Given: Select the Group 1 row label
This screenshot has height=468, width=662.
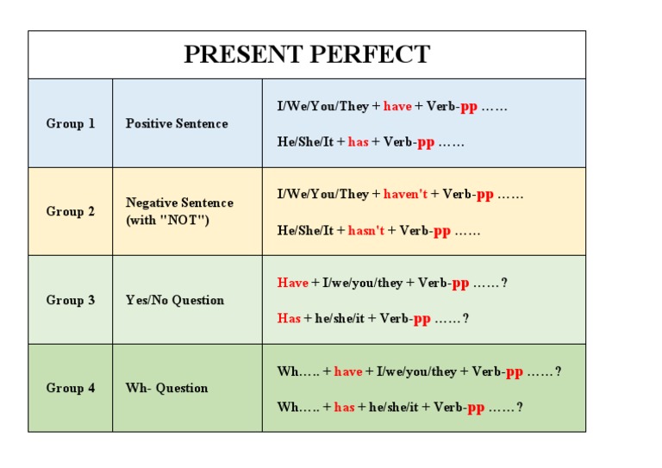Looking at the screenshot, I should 71,123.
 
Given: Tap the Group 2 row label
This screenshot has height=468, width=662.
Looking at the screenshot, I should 71,211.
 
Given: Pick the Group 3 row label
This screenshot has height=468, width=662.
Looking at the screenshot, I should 71,300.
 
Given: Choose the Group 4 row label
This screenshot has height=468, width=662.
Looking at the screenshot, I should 71,388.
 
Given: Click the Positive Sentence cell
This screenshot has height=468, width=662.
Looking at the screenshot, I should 177,123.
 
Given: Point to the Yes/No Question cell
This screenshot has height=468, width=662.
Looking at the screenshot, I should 175,300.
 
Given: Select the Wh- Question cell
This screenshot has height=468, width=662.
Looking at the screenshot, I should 167,388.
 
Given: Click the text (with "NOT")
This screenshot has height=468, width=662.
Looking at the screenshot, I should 167,220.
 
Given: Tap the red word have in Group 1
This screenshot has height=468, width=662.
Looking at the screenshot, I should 397,106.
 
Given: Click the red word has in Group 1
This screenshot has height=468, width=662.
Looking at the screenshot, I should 358,142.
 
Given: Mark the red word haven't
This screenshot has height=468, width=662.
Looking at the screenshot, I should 405,195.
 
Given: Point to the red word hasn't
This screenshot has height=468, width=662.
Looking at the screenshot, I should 366,231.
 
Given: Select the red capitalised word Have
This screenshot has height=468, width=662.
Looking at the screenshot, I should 292,283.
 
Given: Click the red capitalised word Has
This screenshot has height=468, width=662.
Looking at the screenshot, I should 289,319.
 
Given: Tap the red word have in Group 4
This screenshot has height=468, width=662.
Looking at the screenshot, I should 347,371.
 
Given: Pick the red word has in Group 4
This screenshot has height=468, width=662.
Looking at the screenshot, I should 344,408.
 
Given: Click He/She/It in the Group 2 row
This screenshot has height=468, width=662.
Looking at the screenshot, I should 305,231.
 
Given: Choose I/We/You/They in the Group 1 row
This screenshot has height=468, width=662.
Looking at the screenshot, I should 322,106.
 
